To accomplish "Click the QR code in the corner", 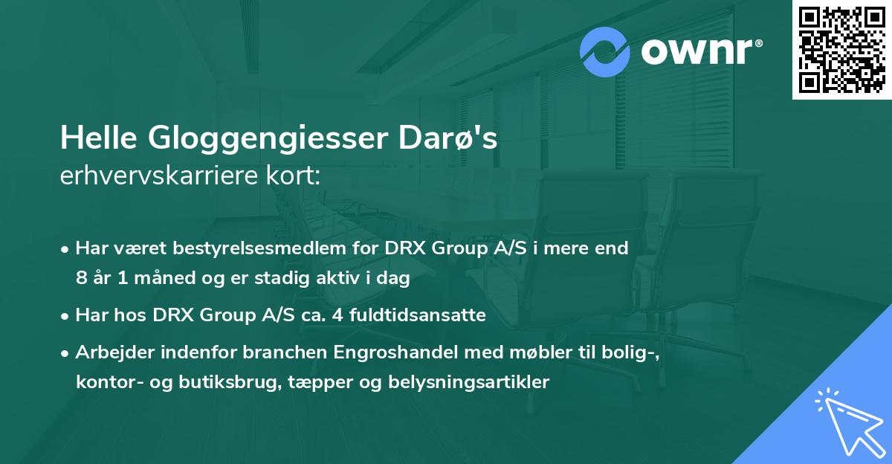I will pyautogui.click(x=842, y=49).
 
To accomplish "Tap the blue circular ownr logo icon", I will pyautogui.click(x=604, y=52).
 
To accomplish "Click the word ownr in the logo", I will pyautogui.click(x=694, y=52).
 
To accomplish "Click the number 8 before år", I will pyautogui.click(x=81, y=279).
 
